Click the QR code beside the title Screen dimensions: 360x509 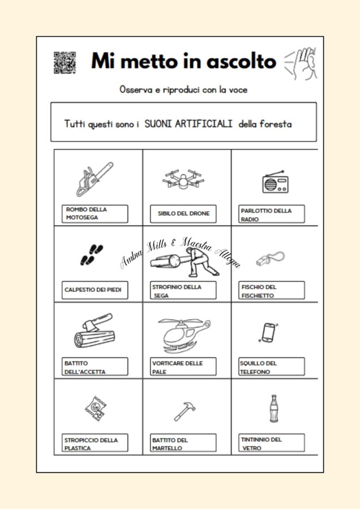[x=65, y=62]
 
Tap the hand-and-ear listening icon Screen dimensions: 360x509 [x=301, y=63]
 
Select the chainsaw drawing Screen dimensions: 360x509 [x=95, y=179]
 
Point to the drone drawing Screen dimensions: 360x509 [x=183, y=179]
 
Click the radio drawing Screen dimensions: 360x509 [x=276, y=182]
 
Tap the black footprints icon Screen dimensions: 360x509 [x=92, y=255]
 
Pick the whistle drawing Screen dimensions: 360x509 [x=271, y=258]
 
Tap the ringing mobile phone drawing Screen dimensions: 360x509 [x=269, y=333]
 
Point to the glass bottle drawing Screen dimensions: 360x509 [x=274, y=408]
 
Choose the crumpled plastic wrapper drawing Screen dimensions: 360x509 [x=96, y=409]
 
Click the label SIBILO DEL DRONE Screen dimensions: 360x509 [x=183, y=214]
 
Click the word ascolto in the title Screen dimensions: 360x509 [x=241, y=61]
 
